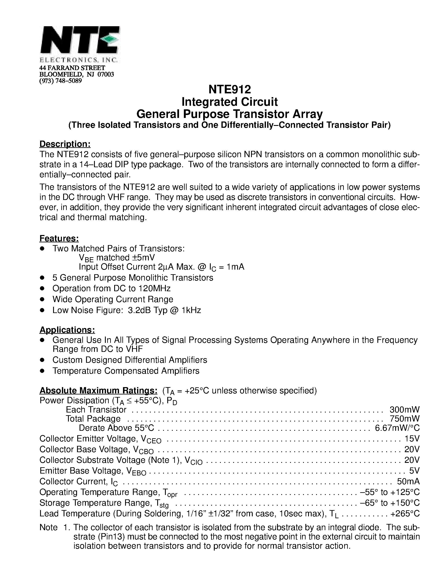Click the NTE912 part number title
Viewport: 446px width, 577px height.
(229, 89)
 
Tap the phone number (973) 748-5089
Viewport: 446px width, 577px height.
(60, 81)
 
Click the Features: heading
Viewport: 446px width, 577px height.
(59, 238)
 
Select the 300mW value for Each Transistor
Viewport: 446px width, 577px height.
(404, 410)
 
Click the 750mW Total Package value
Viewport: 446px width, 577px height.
(404, 419)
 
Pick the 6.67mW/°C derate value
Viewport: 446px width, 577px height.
(397, 428)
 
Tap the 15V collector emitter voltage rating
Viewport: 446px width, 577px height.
(412, 439)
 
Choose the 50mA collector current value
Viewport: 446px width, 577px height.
(408, 481)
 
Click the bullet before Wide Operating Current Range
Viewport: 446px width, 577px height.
(42, 299)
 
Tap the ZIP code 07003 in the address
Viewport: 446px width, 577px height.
(106, 74)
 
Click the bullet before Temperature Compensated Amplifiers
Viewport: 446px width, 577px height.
(42, 371)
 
